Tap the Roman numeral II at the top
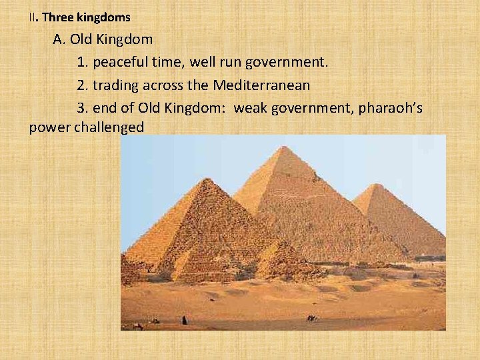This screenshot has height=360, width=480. point(32,17)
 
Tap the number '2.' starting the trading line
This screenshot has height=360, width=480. point(83,85)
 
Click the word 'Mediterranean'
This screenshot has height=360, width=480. point(262,85)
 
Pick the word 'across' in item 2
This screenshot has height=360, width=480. point(164,85)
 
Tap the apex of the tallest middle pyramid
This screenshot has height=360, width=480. point(285,147)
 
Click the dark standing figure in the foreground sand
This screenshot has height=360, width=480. point(185,320)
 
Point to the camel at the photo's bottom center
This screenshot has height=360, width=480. point(311,318)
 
